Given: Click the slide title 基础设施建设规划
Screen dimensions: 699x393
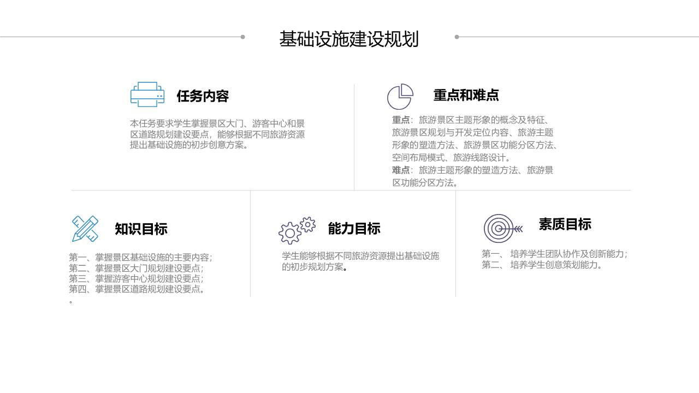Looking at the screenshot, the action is [349, 39].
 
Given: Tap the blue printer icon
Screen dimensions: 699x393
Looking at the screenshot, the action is [147, 94].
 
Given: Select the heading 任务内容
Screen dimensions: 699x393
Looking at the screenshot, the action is [203, 96].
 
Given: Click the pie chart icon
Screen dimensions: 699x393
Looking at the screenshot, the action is [400, 97].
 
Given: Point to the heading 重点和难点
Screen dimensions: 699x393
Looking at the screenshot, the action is [466, 95].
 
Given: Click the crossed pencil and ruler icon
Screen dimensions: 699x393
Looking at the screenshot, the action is [85, 229].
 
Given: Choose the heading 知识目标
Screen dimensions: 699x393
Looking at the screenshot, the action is [141, 229].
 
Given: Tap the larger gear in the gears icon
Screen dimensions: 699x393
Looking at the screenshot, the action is [290, 233].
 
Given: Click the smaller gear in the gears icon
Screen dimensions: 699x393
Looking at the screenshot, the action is [307, 224].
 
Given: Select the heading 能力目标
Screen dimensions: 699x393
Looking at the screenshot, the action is [354, 229].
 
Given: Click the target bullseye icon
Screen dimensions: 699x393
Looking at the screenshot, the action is [502, 229].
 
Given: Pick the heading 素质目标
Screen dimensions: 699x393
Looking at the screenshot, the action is [565, 224].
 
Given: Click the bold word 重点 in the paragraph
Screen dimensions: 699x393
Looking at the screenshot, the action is [401, 120].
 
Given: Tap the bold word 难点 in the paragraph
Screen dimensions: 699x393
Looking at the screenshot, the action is [401, 170].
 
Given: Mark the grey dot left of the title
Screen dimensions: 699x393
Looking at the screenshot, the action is [243, 37].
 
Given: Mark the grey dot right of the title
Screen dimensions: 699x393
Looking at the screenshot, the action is [457, 37].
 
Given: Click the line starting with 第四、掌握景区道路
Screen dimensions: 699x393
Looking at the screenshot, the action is [137, 289].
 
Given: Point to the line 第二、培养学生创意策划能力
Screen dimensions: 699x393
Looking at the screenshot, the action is [541, 265].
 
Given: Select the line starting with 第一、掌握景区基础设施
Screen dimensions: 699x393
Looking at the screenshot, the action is [140, 257].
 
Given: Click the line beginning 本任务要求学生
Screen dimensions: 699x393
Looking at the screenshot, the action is [217, 123].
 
